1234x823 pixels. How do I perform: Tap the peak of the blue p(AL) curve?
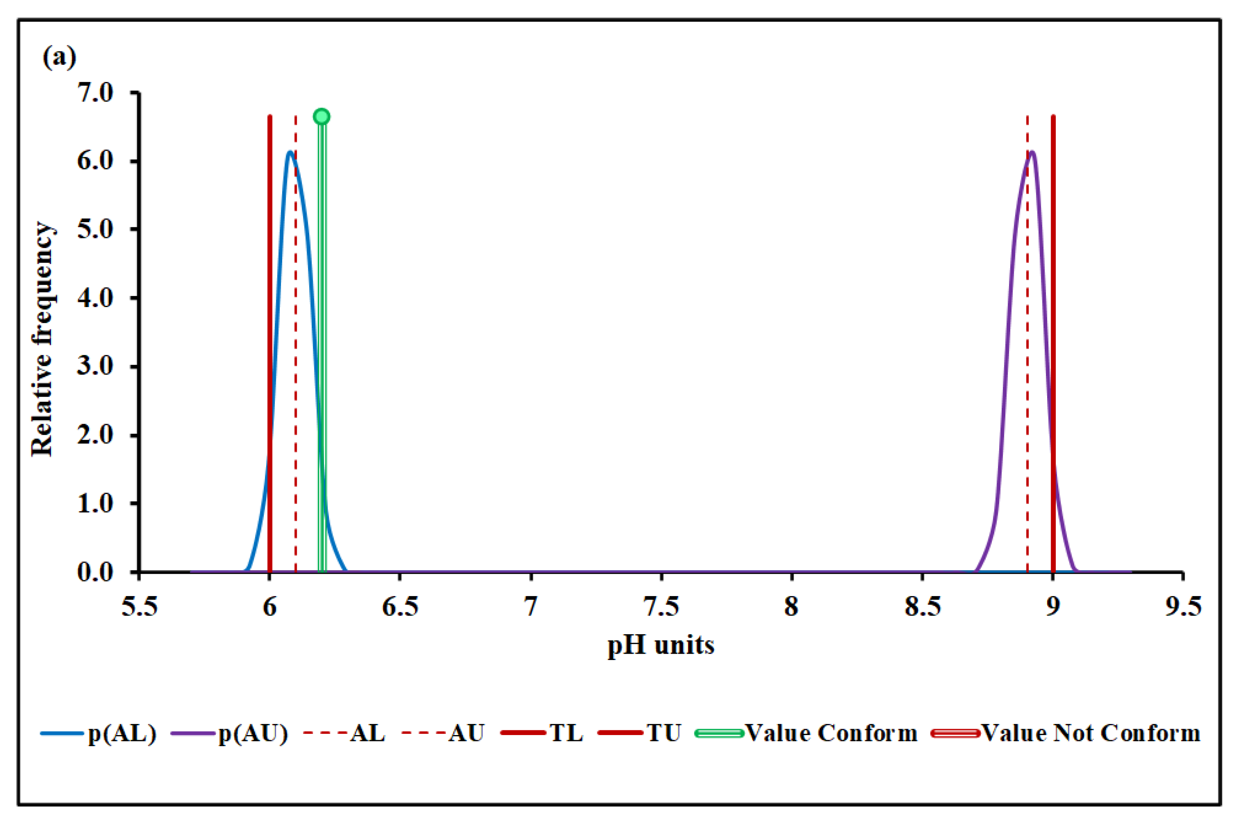(290, 153)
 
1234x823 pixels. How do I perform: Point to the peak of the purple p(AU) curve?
(1032, 153)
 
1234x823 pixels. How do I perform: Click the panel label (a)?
(59, 57)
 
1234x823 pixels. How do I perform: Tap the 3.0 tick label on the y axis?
(95, 366)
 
